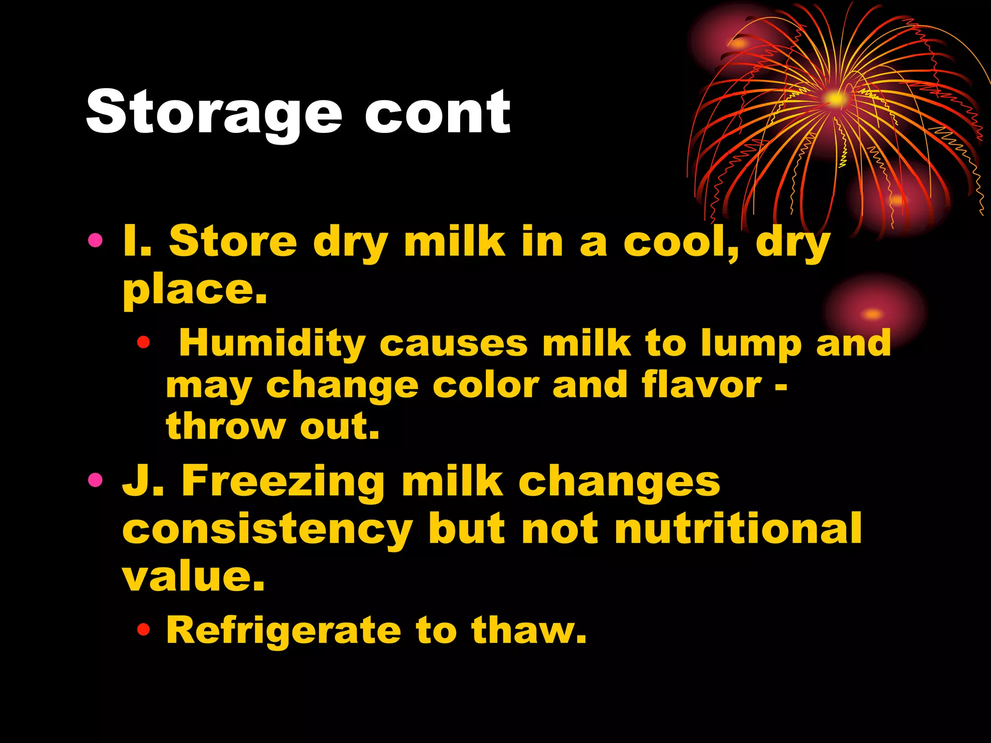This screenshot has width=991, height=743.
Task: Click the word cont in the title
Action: point(437,112)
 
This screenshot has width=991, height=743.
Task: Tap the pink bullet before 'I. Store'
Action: point(95,240)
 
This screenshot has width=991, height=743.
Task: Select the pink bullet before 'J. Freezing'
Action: point(95,480)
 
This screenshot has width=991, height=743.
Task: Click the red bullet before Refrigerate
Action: point(143,630)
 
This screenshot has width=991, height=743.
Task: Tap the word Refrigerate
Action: point(284,631)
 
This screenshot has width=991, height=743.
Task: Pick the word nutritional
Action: point(738,528)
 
